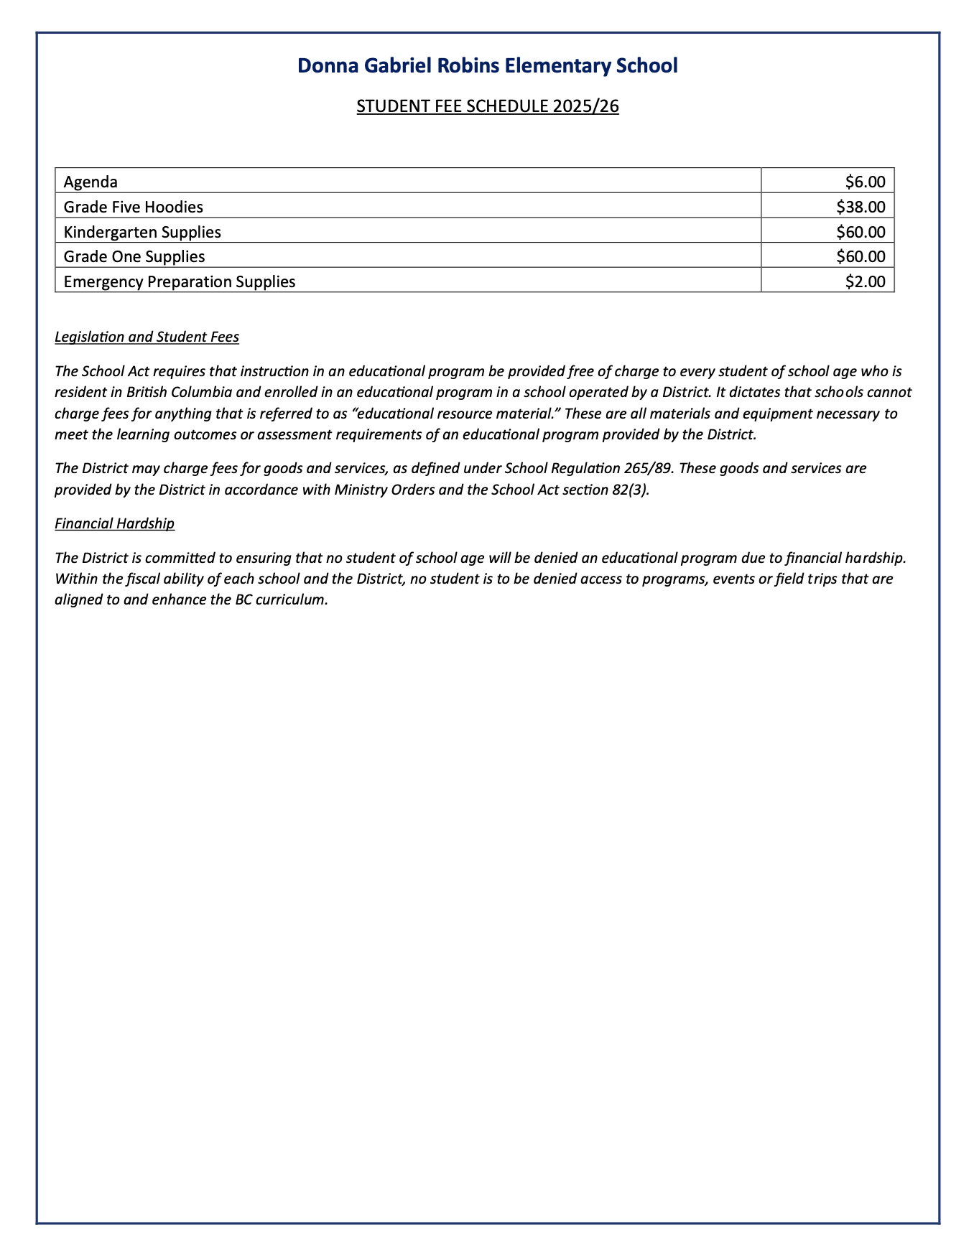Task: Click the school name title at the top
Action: point(487,66)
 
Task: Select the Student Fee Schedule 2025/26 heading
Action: point(487,106)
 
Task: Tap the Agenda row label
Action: point(91,182)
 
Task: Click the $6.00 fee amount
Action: point(866,182)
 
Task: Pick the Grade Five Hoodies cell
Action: point(133,207)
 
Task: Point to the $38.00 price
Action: point(861,207)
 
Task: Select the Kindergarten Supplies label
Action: point(142,232)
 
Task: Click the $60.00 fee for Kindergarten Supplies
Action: point(861,232)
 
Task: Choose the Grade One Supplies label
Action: point(134,256)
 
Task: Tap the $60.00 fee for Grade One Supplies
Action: point(861,256)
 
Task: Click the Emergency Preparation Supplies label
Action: point(180,281)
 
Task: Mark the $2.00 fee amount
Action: point(866,281)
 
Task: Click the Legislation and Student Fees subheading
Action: point(147,337)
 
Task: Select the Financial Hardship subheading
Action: point(114,523)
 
